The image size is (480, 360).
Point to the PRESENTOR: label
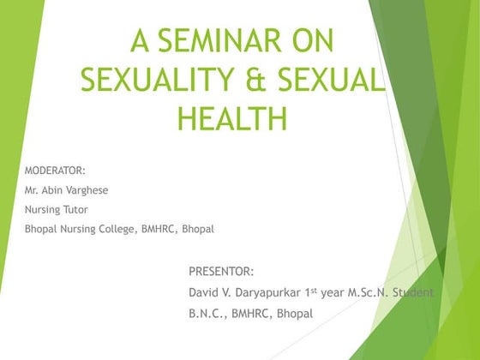[221, 272]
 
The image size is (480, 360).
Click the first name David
[205, 292]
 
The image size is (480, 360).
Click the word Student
[415, 292]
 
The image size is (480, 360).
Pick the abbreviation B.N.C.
[208, 314]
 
